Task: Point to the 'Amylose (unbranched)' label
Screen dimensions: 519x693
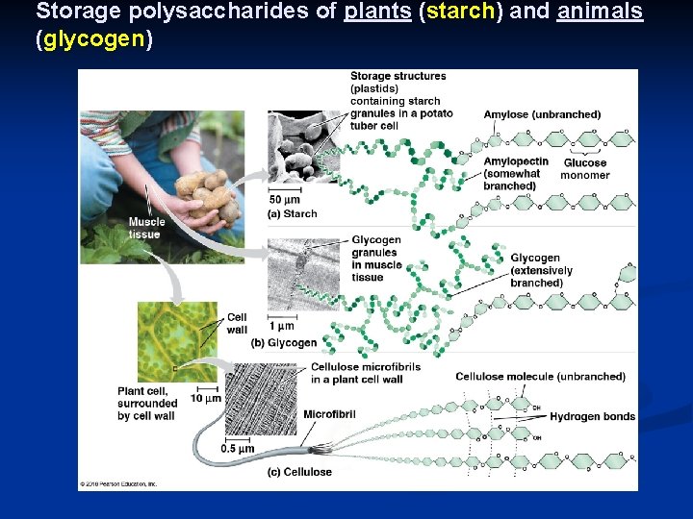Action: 542,114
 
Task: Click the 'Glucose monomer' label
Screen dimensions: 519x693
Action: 585,169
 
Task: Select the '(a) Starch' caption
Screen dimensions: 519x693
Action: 293,214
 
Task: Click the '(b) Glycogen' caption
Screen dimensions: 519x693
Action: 284,343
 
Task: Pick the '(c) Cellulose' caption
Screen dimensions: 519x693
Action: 300,472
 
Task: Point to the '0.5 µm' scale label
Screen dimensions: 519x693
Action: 238,449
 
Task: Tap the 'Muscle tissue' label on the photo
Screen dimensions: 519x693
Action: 146,228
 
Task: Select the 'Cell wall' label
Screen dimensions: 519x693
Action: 237,324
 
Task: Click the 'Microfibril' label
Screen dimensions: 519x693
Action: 331,414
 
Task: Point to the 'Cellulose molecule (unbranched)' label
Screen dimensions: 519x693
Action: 540,377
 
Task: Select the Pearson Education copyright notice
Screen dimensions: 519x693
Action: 119,484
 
